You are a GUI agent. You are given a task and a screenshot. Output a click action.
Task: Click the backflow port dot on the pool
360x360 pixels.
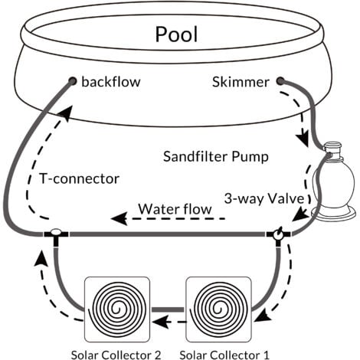[x=73, y=80]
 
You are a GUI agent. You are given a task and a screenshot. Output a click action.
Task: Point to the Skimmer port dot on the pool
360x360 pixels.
[x=280, y=80]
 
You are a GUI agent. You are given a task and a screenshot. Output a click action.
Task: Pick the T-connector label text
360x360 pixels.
[x=80, y=179]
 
